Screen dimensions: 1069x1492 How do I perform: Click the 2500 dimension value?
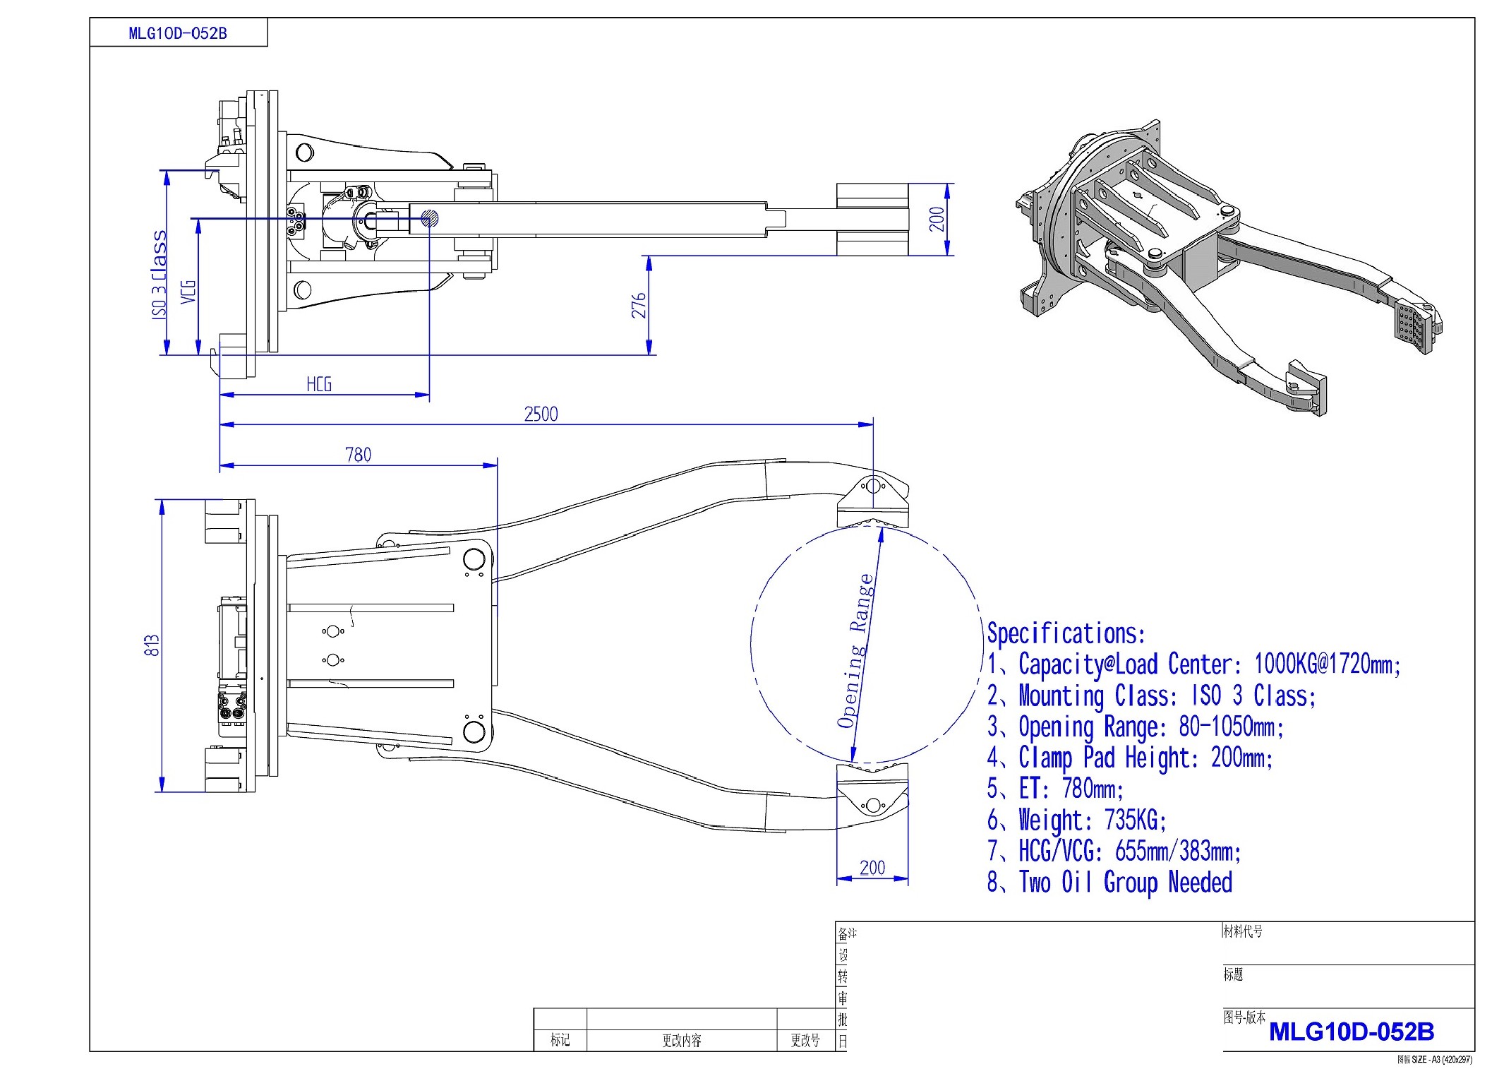[541, 414]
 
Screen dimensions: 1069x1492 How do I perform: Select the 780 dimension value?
[359, 455]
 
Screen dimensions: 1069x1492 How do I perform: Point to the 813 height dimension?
[152, 645]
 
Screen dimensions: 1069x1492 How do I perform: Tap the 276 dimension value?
[639, 305]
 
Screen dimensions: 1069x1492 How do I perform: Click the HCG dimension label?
[319, 384]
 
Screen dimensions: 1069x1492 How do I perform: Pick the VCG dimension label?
[188, 292]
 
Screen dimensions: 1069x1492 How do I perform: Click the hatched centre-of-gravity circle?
[429, 219]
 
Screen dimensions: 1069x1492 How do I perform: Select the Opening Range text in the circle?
[855, 651]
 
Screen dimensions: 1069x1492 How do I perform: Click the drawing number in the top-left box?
[178, 33]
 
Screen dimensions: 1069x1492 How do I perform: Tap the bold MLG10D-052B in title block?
[1351, 1032]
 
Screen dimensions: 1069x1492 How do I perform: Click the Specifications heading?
[1066, 633]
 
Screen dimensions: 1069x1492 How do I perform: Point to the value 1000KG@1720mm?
[1327, 664]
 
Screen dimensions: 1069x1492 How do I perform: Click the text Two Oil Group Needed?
[1126, 882]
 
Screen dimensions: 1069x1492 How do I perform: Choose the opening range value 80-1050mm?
[1231, 727]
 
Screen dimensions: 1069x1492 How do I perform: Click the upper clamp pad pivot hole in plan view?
[873, 486]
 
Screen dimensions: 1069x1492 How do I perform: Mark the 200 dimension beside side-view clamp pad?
[936, 219]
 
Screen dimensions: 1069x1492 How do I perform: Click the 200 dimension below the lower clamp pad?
[872, 867]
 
